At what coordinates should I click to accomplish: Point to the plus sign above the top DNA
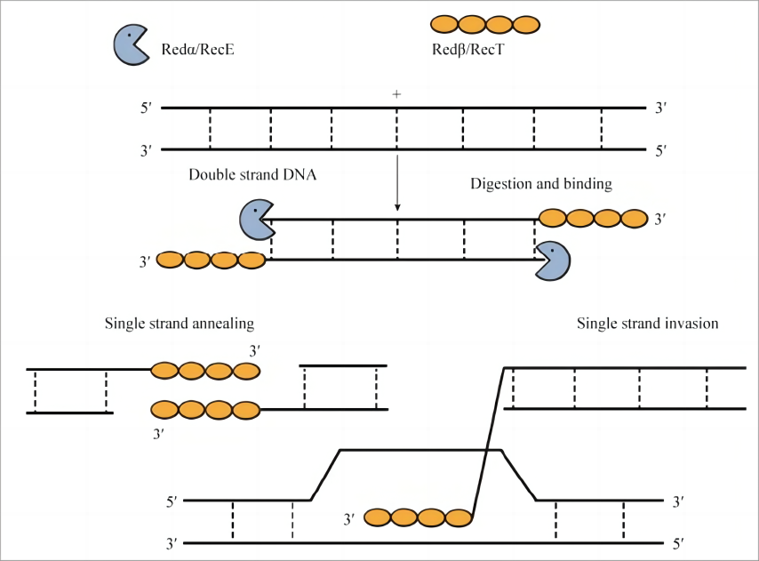tap(397, 93)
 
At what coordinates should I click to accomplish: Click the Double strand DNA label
tap(253, 174)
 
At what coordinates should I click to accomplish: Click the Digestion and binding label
tap(540, 184)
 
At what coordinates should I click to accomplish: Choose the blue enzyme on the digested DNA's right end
tap(552, 260)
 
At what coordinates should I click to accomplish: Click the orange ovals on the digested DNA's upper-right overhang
tap(594, 218)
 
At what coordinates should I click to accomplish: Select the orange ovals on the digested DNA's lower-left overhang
tap(212, 260)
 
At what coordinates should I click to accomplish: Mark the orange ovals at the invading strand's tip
tap(418, 517)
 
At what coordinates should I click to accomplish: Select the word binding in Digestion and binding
tap(587, 184)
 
